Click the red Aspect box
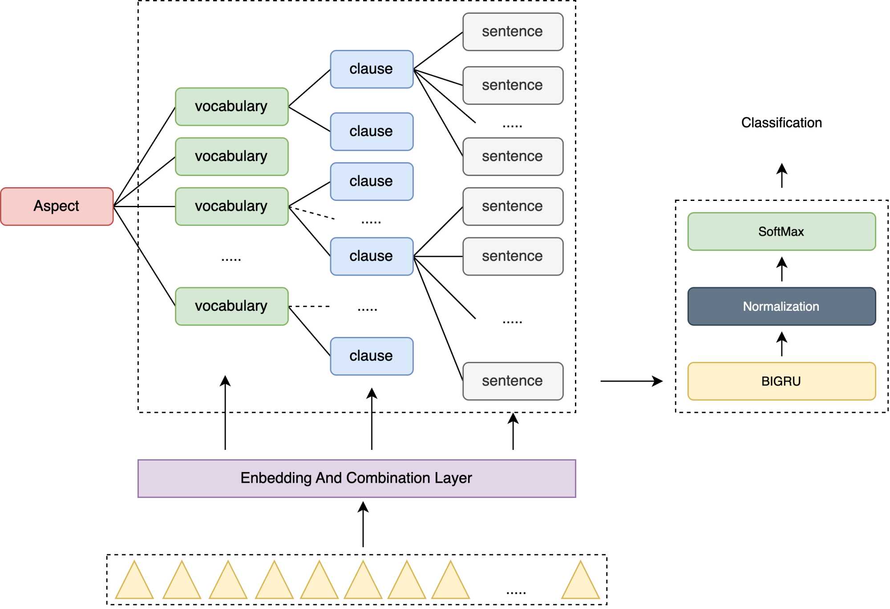pos(57,206)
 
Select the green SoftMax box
pos(781,232)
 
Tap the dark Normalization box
pos(781,306)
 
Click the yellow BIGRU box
pos(781,381)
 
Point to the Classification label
pos(781,123)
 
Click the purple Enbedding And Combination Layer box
pos(356,478)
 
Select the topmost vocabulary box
pos(231,107)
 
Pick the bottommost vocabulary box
pos(231,306)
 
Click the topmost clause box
pos(372,69)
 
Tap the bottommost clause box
pos(372,356)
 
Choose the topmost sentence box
pos(513,32)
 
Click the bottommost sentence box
pos(513,381)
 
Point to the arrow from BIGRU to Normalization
pos(782,344)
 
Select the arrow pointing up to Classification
pos(782,176)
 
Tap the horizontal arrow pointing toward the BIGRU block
pos(631,381)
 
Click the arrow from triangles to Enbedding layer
pos(363,525)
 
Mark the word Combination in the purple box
pos(388,478)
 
